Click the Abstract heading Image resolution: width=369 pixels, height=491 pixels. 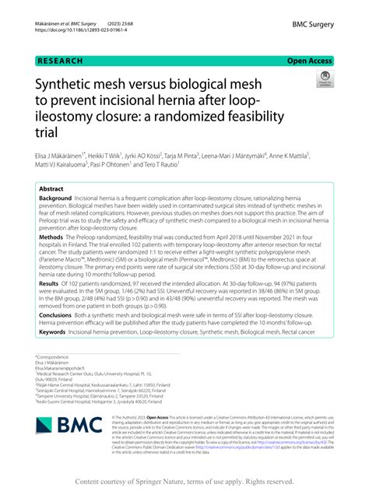51,189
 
